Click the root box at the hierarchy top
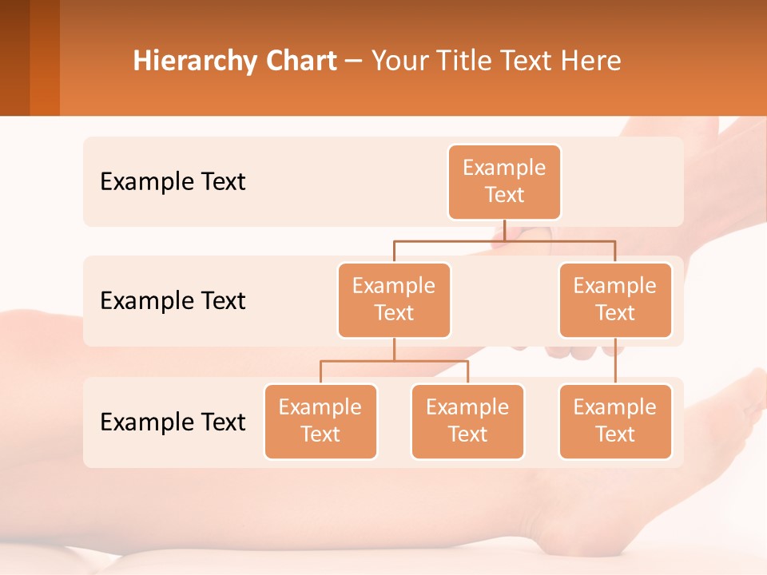click(x=504, y=182)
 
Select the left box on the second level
click(x=394, y=300)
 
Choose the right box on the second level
click(x=615, y=300)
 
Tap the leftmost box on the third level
click(x=320, y=422)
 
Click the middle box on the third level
click(x=467, y=422)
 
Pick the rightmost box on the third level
click(x=615, y=422)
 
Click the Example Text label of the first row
click(x=173, y=182)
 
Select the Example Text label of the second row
click(x=173, y=301)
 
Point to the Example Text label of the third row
click(x=173, y=422)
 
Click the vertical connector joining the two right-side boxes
click(x=615, y=361)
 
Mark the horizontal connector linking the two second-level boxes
click(x=504, y=240)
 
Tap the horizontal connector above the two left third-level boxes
click(x=394, y=361)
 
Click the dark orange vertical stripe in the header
click(x=45, y=57)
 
